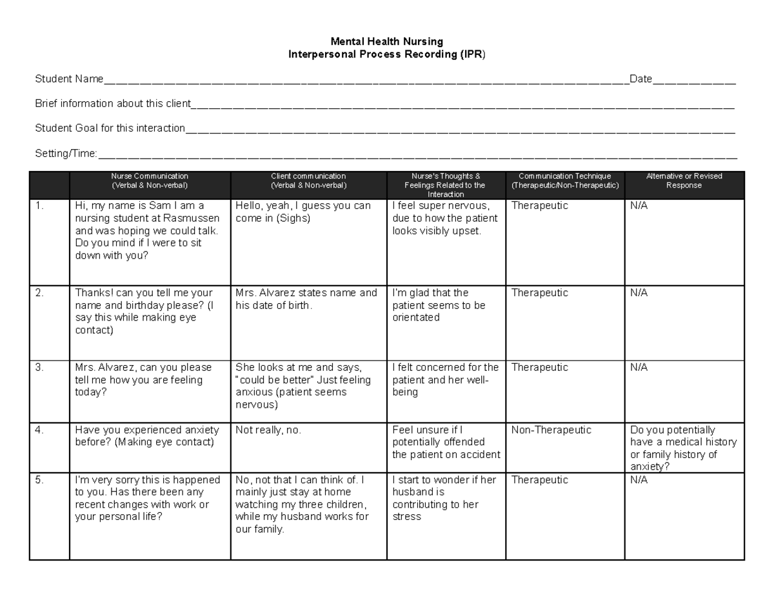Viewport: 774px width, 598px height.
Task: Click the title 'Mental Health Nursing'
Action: tap(386, 42)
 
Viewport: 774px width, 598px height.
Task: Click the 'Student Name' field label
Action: tap(69, 79)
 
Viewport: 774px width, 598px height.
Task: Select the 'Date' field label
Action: tap(640, 79)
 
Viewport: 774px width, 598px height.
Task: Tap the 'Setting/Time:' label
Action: tap(66, 154)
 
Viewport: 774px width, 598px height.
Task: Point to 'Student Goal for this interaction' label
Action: tap(110, 128)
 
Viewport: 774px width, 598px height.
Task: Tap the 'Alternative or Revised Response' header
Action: tap(684, 180)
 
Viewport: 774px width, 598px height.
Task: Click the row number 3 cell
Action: tap(39, 368)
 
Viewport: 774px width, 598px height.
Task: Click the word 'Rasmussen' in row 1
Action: tap(193, 218)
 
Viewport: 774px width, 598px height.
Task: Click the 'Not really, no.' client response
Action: tap(268, 430)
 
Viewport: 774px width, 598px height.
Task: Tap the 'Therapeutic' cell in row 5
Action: tap(540, 480)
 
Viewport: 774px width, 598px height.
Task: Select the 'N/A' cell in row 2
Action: tap(639, 293)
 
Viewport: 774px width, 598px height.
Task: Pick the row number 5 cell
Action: tap(39, 480)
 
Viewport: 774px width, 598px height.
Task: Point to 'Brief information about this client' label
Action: tap(113, 104)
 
